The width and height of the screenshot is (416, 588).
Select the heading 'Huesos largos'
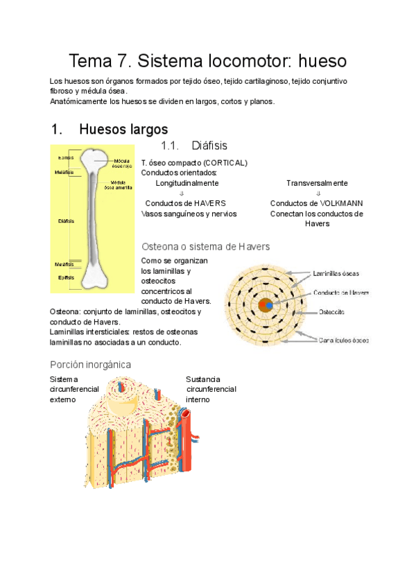[123, 130]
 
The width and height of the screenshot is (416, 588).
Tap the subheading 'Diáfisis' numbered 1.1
[209, 146]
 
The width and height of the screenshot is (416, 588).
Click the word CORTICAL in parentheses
[223, 163]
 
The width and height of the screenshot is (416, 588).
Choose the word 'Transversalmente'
[317, 183]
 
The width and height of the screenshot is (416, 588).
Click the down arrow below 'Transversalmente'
[317, 193]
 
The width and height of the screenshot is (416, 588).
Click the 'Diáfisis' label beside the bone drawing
[67, 221]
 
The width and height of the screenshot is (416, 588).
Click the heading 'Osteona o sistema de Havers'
[205, 247]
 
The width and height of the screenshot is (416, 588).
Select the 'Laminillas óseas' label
[336, 273]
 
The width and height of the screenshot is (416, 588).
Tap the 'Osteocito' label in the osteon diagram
[332, 312]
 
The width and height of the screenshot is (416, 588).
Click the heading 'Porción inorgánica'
[90, 365]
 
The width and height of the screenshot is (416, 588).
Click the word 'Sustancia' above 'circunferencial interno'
[203, 379]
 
